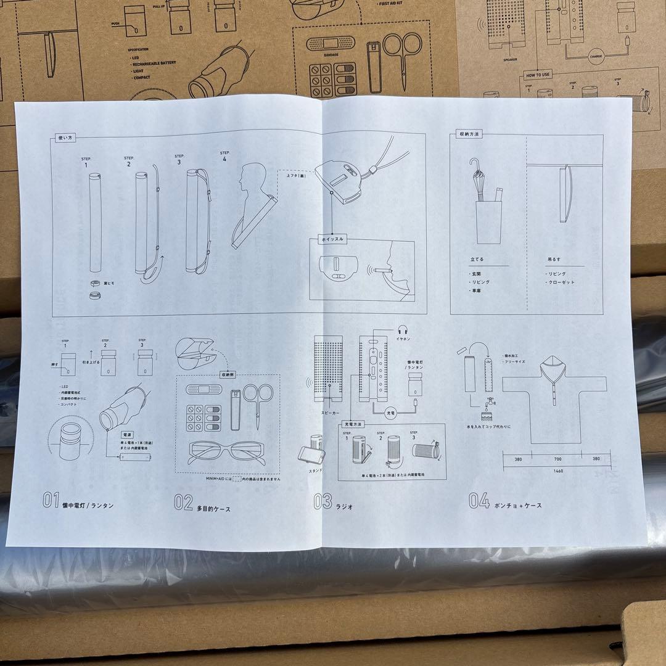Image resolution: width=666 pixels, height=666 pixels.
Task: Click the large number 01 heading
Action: (51, 501)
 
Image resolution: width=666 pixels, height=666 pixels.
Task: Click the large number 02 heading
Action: (183, 503)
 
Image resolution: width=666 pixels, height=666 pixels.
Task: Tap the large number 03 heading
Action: (323, 501)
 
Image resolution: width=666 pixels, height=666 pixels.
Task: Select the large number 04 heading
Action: (479, 500)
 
